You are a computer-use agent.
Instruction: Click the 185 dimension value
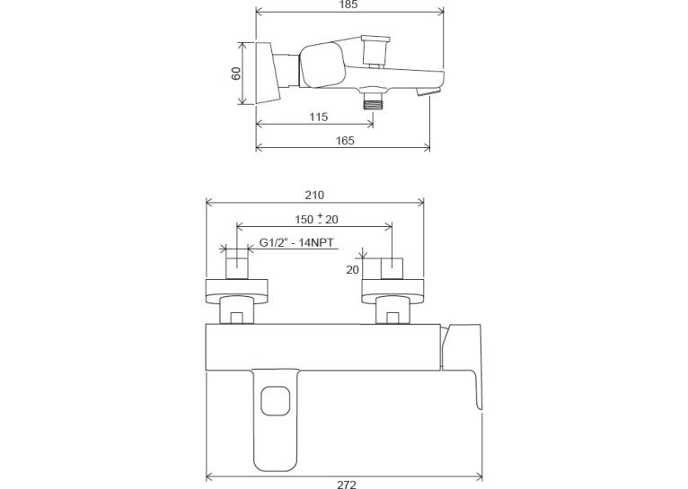(x=348, y=4)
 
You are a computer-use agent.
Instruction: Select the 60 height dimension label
(x=236, y=74)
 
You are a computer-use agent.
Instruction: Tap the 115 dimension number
(x=319, y=117)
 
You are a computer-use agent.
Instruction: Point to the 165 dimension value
(x=345, y=141)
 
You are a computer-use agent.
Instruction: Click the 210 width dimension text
(x=314, y=195)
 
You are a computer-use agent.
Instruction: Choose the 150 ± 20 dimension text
(x=316, y=219)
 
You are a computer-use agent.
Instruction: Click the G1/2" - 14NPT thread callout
(x=296, y=242)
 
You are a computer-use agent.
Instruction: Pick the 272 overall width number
(x=347, y=485)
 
